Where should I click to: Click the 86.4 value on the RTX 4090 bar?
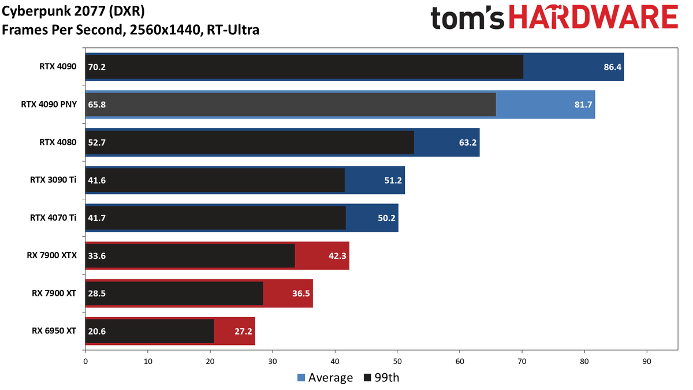[x=612, y=67]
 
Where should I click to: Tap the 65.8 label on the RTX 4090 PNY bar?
[x=97, y=105]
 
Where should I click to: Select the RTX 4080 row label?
[x=58, y=142]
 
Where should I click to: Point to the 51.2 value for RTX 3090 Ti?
[x=393, y=180]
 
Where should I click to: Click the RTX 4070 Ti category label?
[x=53, y=218]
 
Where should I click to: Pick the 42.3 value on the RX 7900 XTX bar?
[x=337, y=255]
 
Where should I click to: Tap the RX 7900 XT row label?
[x=54, y=293]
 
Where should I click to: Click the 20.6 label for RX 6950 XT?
[x=97, y=332]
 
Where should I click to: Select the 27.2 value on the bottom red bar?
[x=243, y=332]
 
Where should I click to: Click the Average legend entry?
[x=325, y=378]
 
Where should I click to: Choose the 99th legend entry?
[x=382, y=378]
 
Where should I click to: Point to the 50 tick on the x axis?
[x=397, y=362]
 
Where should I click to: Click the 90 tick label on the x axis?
[x=647, y=362]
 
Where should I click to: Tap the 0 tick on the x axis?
[x=85, y=362]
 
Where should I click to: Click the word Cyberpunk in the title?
[x=36, y=12]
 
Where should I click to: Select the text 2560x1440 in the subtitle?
[x=166, y=30]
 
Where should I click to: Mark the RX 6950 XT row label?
[x=54, y=331]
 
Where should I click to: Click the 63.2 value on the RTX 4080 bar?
[x=468, y=142]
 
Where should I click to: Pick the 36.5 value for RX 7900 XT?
[x=301, y=294]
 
